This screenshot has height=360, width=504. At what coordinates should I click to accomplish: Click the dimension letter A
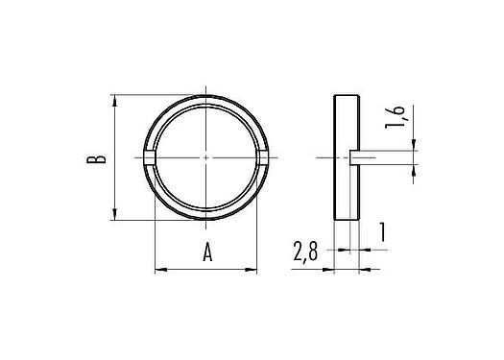(x=207, y=252)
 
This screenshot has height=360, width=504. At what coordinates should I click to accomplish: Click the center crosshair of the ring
(x=207, y=157)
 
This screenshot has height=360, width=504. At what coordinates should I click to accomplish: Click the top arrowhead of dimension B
(x=115, y=99)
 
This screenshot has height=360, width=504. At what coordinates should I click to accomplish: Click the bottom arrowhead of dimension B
(x=115, y=215)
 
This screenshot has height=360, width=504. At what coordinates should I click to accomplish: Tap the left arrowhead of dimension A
(x=159, y=269)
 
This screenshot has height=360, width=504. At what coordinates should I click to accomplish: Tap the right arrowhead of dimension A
(x=256, y=269)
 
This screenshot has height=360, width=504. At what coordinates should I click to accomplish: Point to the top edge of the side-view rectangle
(x=347, y=96)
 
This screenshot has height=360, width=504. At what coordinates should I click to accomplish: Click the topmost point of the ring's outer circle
(x=207, y=95)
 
